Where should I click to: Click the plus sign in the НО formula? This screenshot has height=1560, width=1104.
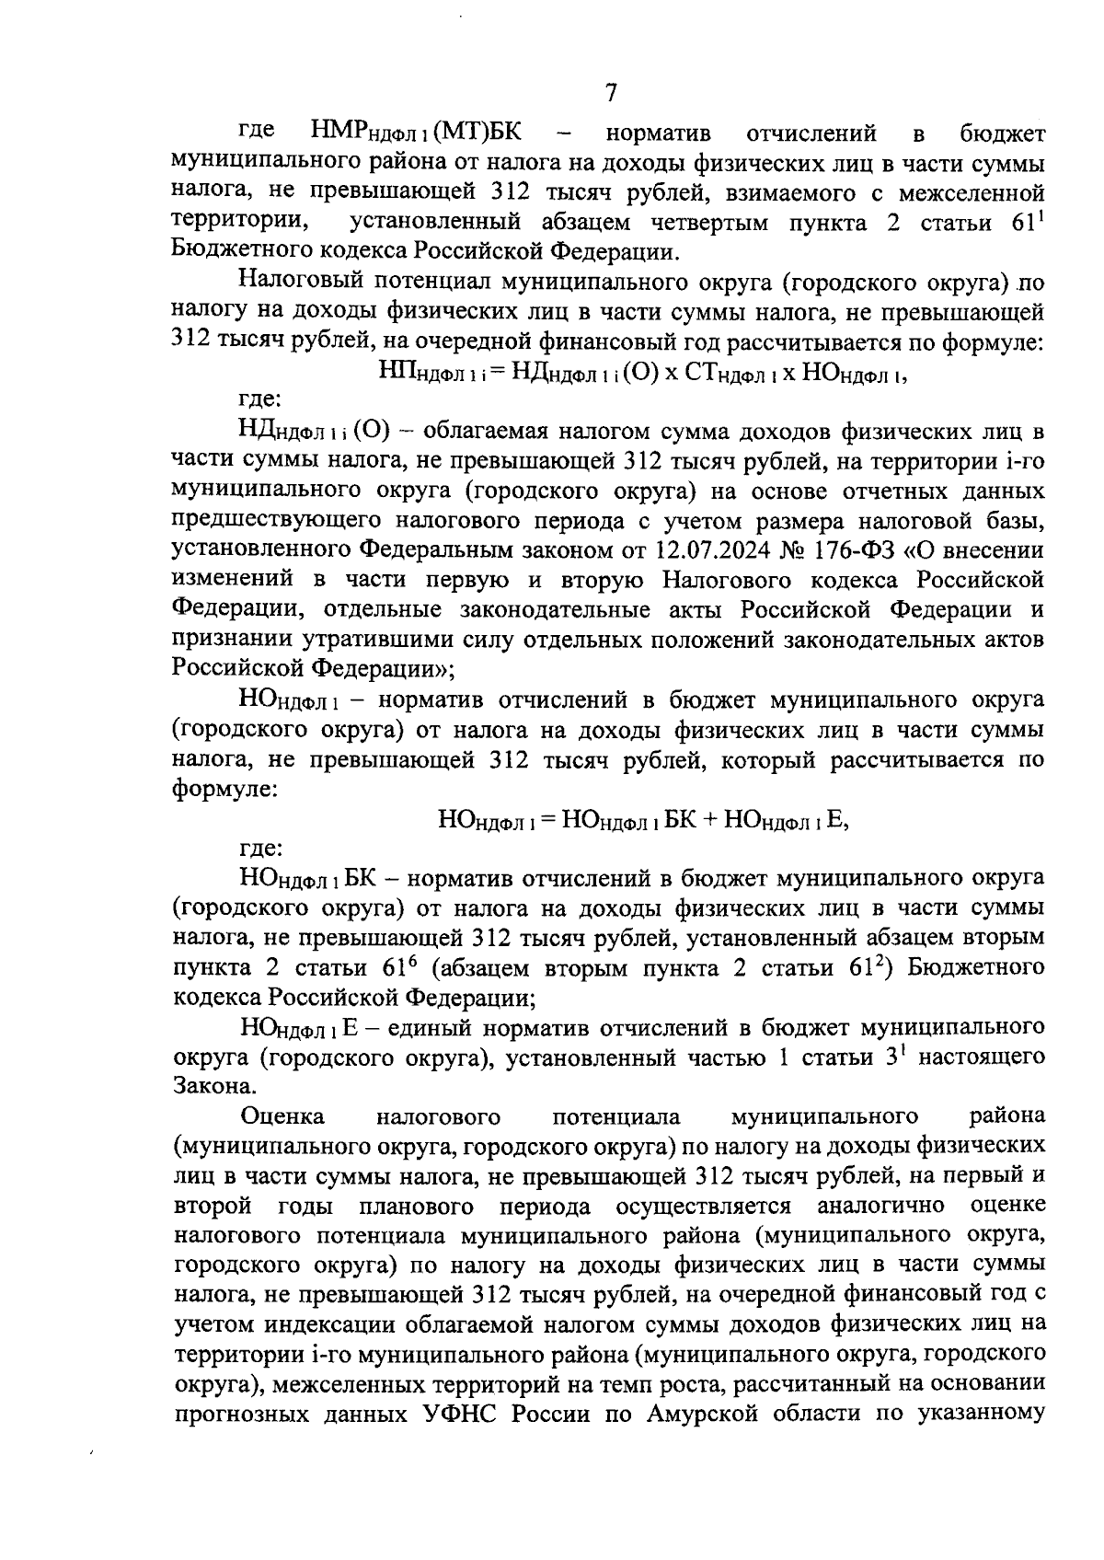[709, 817]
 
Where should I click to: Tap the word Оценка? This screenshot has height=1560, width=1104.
[282, 1116]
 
